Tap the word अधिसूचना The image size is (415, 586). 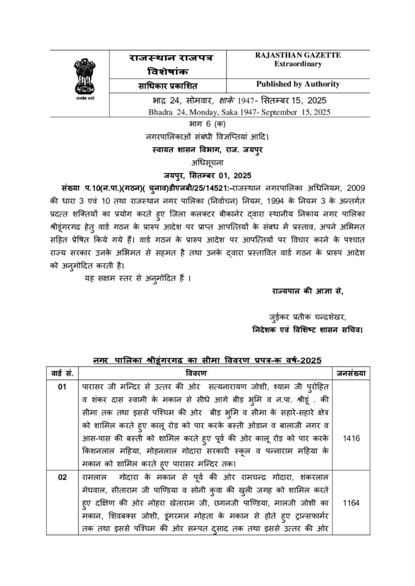click(207, 161)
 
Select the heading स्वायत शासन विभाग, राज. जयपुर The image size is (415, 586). click(207, 149)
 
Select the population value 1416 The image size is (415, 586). click(351, 438)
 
